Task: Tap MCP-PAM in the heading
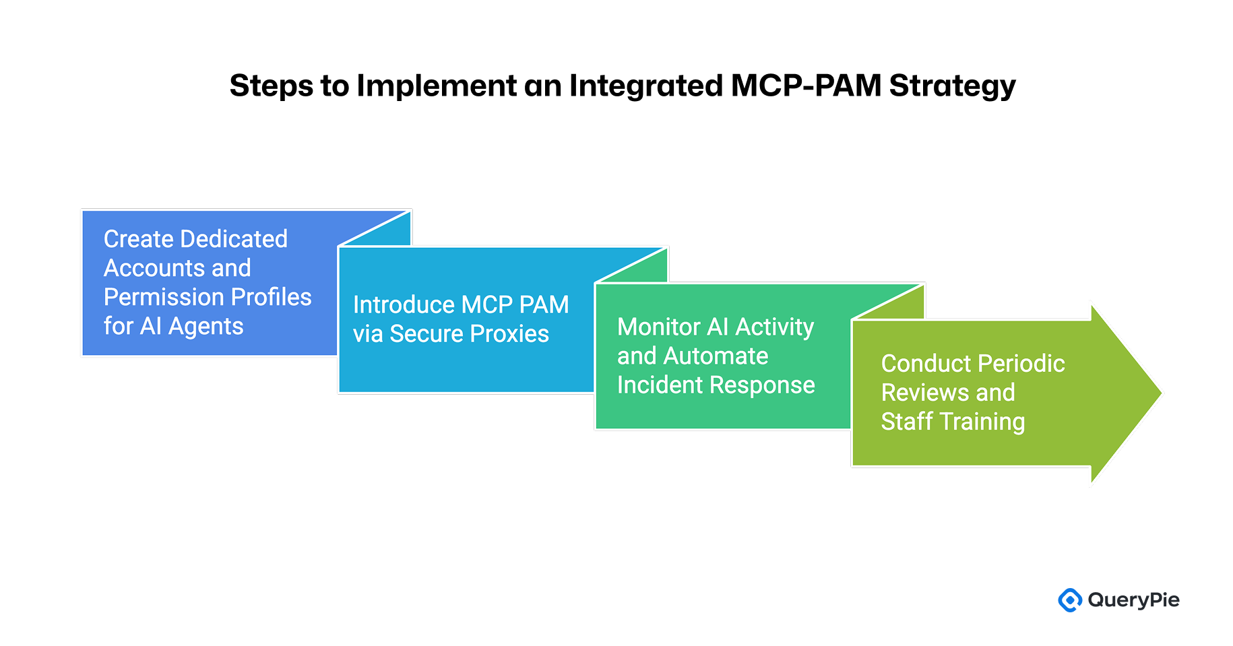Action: pyautogui.click(x=806, y=86)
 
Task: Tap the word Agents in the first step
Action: pyautogui.click(x=205, y=327)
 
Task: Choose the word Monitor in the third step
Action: pyautogui.click(x=658, y=327)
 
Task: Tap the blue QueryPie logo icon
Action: pyautogui.click(x=1069, y=600)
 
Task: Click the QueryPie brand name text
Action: pyautogui.click(x=1133, y=600)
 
